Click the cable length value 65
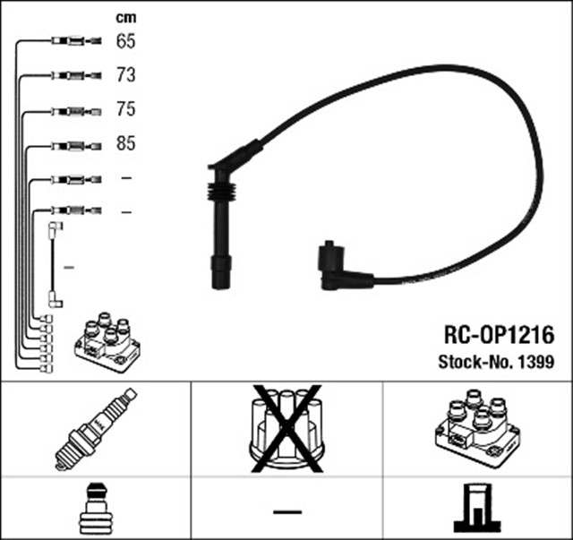coord(125,41)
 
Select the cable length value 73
coord(125,75)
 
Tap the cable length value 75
coord(125,109)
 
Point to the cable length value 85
coord(125,143)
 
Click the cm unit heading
coord(126,17)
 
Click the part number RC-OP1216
coord(499,334)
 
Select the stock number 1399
coord(535,363)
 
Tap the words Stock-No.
coord(475,363)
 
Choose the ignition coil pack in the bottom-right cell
coord(476,427)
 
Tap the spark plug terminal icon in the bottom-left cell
coord(95,510)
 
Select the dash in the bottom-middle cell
coord(286,511)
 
